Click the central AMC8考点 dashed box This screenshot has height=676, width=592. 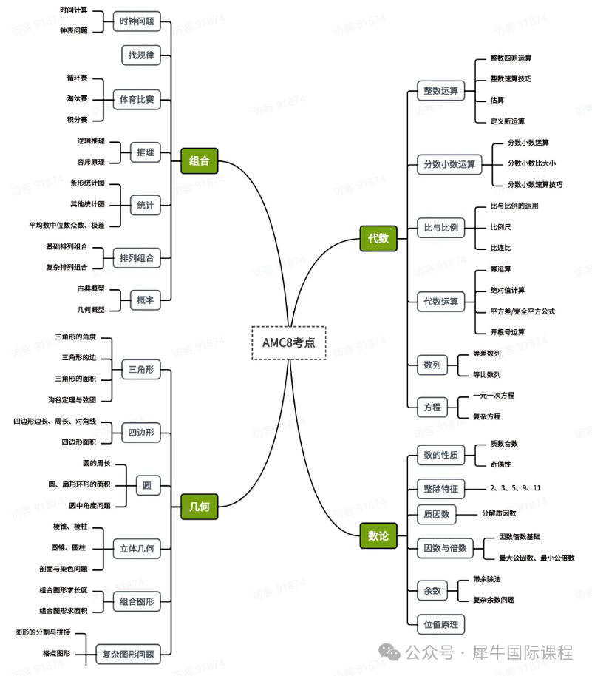(x=288, y=342)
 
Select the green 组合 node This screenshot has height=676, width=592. (x=200, y=160)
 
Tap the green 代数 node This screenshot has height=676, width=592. (x=378, y=238)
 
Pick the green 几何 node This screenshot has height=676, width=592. (x=200, y=506)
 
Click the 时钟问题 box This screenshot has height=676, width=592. (x=137, y=21)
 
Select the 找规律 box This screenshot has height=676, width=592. (x=140, y=55)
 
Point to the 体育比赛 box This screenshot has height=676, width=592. (x=137, y=98)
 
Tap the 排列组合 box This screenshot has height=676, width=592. (x=137, y=258)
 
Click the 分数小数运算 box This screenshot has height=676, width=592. (x=449, y=164)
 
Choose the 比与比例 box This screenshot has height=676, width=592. (x=440, y=228)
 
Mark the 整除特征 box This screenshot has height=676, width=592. (x=440, y=489)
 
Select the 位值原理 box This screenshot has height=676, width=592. (x=440, y=623)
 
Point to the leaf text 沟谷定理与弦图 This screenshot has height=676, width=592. (x=72, y=399)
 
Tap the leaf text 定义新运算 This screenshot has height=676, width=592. (x=507, y=121)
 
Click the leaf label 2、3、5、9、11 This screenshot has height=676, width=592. (x=515, y=488)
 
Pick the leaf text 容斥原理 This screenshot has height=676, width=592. (x=90, y=161)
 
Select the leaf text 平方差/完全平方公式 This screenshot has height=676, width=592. (x=523, y=311)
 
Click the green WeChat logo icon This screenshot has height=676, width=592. (x=389, y=653)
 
